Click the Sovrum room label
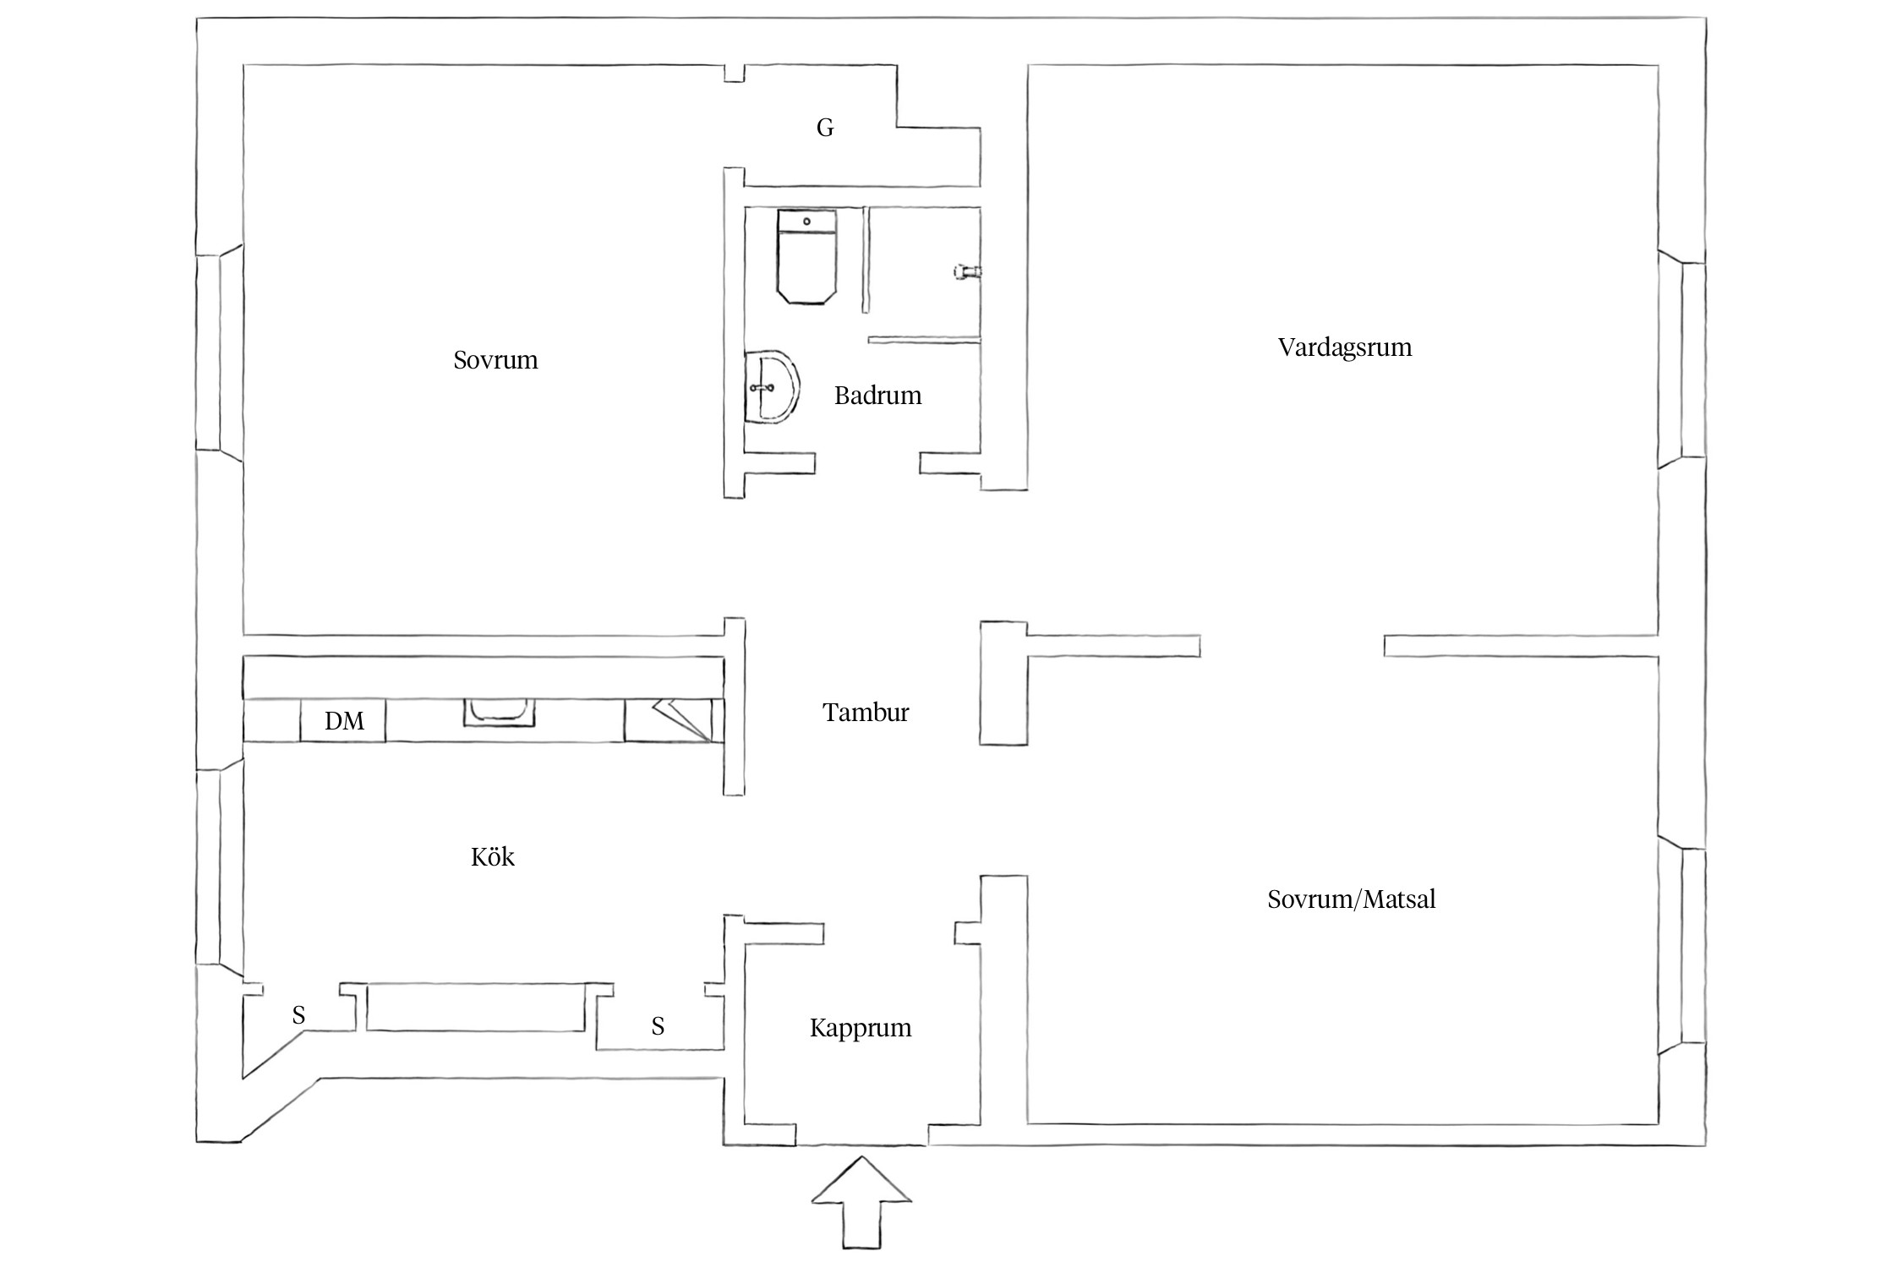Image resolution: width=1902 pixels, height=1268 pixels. coord(495,360)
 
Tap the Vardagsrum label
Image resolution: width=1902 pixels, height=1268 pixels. coord(1345,347)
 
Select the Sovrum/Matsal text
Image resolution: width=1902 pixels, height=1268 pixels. coord(1351,899)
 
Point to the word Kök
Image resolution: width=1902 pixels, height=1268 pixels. coord(493,857)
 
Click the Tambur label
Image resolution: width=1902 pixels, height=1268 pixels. coord(866,713)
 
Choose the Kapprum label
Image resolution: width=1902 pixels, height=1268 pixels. coord(861,1028)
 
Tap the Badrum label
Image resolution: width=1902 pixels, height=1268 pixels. coord(877,396)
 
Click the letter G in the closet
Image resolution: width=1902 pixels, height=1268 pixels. coord(825,128)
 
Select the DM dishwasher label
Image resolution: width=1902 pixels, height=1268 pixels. coord(344,721)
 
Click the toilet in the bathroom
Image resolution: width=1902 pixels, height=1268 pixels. coord(806,256)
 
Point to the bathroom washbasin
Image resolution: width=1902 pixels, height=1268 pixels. coord(772,387)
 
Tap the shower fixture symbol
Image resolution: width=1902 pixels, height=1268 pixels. coord(967,271)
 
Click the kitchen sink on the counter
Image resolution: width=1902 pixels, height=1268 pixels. coord(499,712)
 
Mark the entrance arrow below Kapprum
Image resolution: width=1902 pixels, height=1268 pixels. coord(861,1201)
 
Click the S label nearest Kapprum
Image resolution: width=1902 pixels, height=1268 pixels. coord(658,1026)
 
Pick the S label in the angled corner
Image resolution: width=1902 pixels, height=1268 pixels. coord(298,1014)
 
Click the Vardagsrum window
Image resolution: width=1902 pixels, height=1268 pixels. coord(1681,359)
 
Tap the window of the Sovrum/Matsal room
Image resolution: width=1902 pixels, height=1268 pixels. coord(1681,946)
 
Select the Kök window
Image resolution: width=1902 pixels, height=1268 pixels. coord(220,866)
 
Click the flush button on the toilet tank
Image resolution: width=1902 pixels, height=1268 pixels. coord(806,221)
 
